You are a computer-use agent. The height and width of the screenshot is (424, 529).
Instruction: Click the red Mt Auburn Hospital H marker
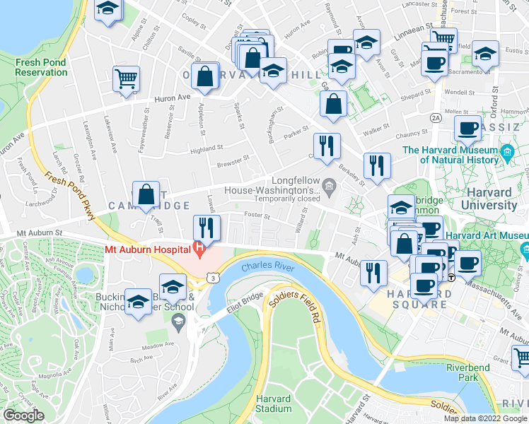coord(199,249)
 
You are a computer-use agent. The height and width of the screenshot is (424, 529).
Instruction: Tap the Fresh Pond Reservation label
coord(40,67)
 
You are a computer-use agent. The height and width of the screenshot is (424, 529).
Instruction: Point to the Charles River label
coord(267,267)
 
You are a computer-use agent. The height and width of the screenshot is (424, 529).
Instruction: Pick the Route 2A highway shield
coord(436,117)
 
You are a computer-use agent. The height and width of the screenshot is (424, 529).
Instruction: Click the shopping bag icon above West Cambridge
coord(146,194)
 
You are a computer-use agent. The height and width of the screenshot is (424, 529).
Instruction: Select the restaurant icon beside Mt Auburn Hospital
coord(207,228)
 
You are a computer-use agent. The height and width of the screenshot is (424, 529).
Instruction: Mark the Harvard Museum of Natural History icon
coord(506,153)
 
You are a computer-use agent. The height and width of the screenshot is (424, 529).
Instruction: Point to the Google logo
coord(23,416)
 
